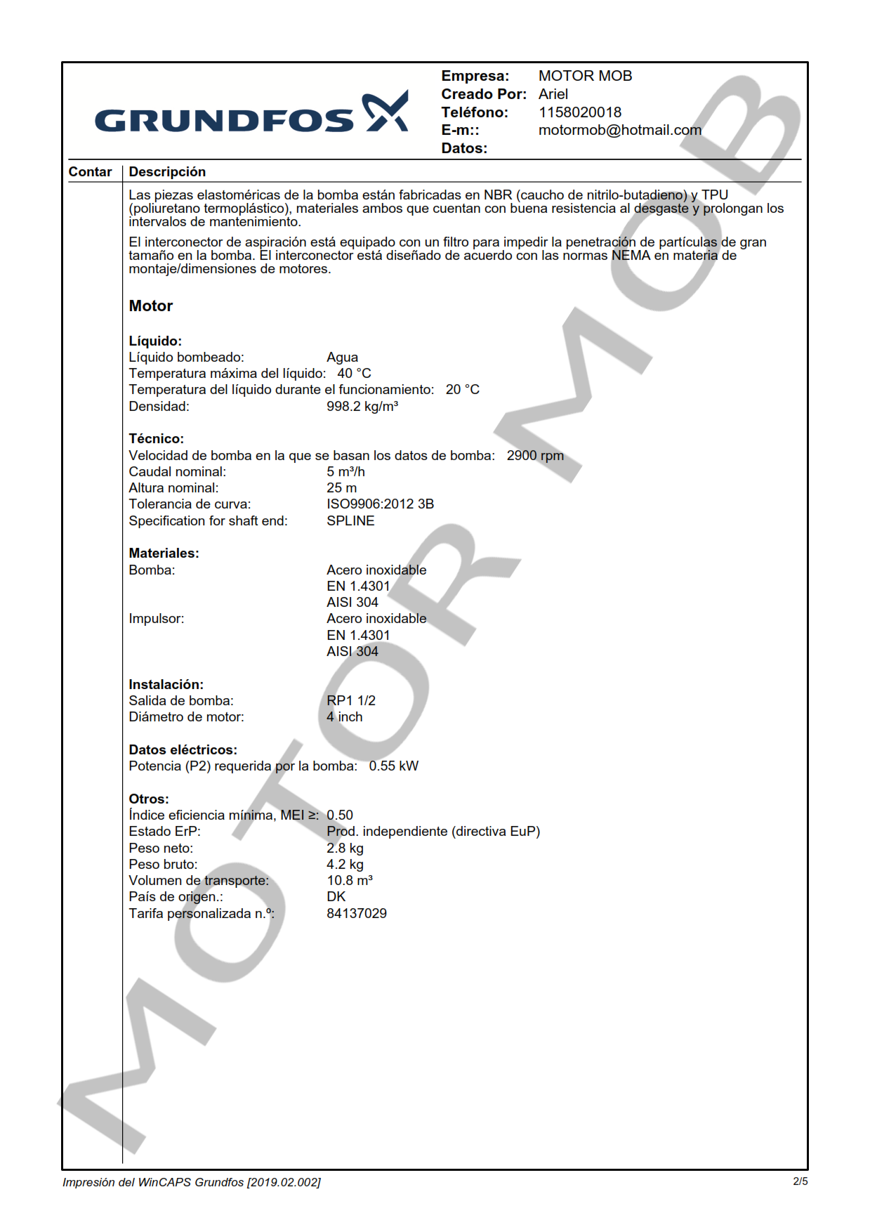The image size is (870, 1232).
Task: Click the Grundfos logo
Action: pos(251,114)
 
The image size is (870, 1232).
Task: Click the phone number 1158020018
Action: pos(579,112)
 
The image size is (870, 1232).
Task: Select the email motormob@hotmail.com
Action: pos(619,130)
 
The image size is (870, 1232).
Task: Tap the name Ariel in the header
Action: pos(553,94)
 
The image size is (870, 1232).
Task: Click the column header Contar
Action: pos(90,172)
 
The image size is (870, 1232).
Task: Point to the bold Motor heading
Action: pos(150,306)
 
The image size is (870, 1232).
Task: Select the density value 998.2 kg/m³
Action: pos(362,407)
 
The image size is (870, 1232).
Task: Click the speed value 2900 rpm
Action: pos(534,456)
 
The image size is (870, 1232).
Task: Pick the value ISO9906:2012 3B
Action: pos(380,504)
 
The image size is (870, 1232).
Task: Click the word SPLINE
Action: pos(350,521)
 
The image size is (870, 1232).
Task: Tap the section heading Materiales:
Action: pos(164,553)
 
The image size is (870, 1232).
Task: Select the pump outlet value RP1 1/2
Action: pos(350,701)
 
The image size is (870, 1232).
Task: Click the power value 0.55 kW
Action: pos(393,766)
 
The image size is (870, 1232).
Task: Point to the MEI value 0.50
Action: pos(340,815)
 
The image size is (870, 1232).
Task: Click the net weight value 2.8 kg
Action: pos(345,848)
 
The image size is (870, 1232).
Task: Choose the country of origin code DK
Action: pos(336,897)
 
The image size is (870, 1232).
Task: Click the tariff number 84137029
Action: pos(356,914)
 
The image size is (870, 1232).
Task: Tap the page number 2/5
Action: pos(800,1181)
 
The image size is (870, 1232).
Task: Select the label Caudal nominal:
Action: pos(177,472)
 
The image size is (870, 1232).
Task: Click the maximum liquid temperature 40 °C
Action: pos(354,374)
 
